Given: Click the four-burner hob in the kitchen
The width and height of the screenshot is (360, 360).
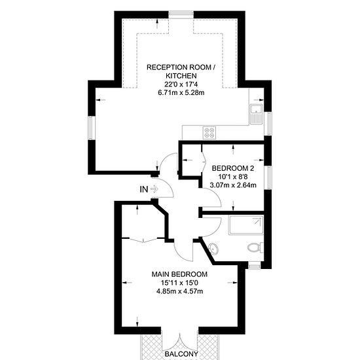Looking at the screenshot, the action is point(209,133).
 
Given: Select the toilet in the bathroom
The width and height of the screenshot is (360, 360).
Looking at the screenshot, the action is point(255,247).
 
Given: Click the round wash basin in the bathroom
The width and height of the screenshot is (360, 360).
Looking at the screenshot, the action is point(213,249).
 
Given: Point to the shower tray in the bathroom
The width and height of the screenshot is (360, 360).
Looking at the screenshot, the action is point(246,225).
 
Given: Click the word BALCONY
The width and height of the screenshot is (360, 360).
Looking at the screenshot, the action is point(181,354).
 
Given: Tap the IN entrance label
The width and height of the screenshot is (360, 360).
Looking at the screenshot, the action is point(144,189).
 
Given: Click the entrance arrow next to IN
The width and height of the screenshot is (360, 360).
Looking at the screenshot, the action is point(154,189).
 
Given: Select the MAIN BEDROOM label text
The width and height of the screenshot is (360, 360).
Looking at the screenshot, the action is point(179,274).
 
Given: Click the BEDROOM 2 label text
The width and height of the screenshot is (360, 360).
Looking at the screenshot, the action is point(233,168).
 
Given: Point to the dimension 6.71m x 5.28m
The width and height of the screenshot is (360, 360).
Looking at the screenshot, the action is point(181,93).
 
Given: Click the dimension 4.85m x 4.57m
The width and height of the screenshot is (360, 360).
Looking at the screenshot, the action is point(179,291).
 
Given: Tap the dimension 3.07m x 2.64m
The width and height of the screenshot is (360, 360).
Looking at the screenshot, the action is point(233,185).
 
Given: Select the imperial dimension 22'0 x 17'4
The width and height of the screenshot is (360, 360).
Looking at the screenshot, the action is point(181,84).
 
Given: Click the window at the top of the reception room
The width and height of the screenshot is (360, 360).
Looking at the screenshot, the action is point(181,14).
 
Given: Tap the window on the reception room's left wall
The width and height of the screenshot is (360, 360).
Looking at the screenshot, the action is point(92,128).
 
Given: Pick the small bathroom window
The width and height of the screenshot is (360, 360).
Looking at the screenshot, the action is point(255,266).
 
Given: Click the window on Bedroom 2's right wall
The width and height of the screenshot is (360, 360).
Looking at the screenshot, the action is point(268,177).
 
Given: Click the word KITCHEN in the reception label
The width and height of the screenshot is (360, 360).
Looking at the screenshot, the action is point(181,76).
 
